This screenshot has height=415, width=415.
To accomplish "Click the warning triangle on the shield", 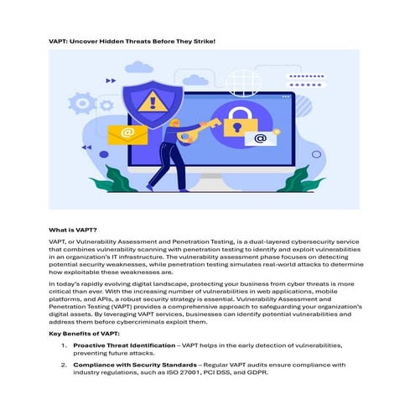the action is pyautogui.click(x=153, y=101).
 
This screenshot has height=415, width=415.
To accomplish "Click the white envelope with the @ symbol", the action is pyautogui.click(x=261, y=137).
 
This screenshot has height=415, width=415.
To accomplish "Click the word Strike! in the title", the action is pyautogui.click(x=198, y=39).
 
